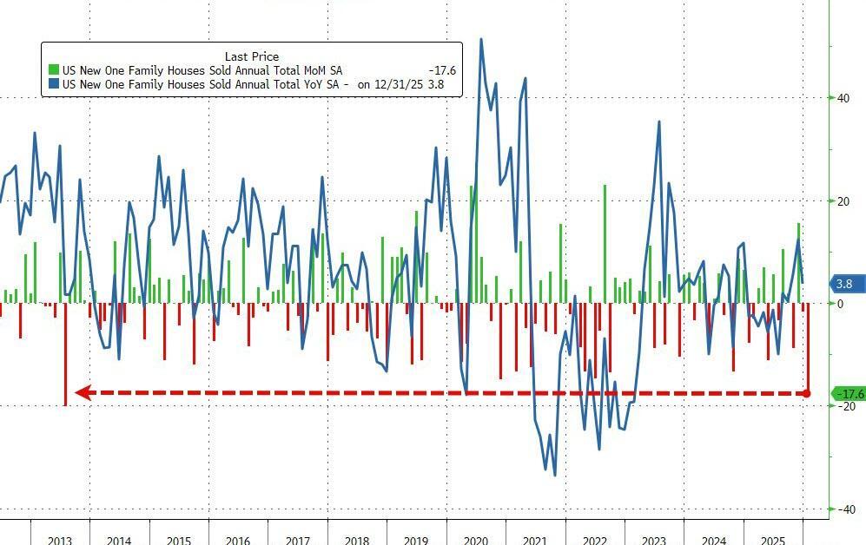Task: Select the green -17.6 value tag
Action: (x=848, y=394)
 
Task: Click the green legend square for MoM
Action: (x=54, y=70)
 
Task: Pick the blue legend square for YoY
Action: (x=54, y=85)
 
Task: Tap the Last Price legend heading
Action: (x=252, y=56)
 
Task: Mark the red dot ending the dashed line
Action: (x=807, y=394)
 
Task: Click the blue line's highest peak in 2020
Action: (x=481, y=39)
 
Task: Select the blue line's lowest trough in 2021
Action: (x=554, y=474)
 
